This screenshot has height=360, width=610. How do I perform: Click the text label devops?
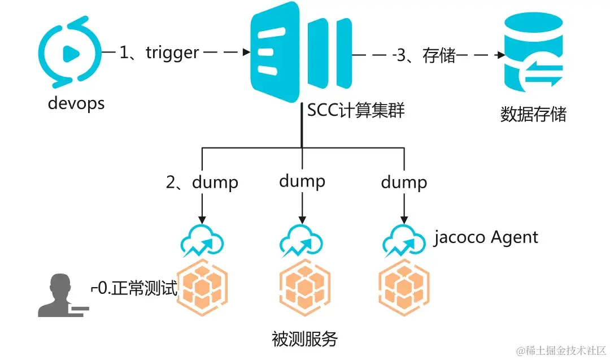76,104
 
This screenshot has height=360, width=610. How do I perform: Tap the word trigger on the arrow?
172,53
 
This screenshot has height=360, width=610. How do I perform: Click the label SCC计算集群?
356,110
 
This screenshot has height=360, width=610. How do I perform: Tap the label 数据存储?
533,114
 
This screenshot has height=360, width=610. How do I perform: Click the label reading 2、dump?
202,183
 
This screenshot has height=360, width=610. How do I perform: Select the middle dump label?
302,181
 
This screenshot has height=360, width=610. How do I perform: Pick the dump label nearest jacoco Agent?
404,183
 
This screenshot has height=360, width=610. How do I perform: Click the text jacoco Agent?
486,237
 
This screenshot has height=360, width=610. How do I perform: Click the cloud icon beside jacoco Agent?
403,240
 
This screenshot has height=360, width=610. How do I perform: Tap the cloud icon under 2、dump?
202,240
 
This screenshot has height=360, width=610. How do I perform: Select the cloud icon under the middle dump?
302,240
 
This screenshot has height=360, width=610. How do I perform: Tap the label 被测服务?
304,339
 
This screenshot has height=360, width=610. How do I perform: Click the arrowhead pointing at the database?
500,56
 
